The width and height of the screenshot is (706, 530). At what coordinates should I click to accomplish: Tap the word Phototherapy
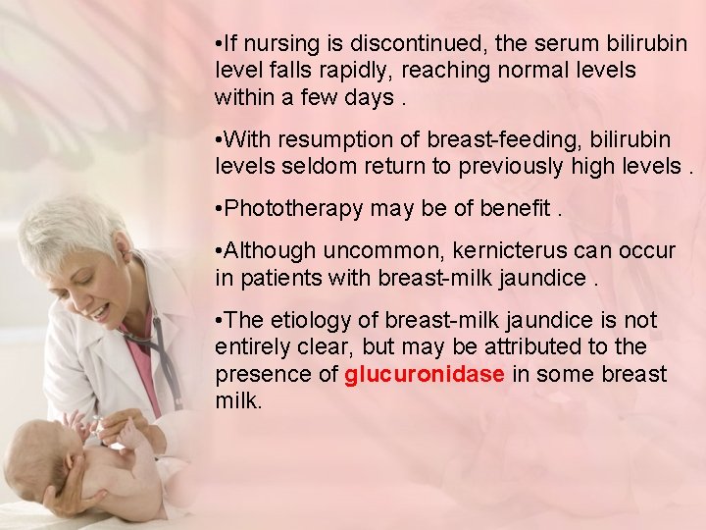click(286, 208)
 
